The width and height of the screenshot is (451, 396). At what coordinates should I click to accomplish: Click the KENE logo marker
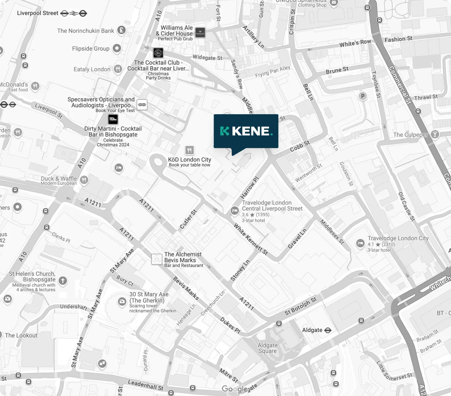click(246, 131)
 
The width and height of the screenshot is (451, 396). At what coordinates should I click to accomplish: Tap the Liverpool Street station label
click(38, 13)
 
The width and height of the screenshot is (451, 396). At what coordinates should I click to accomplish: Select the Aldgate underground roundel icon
click(328, 330)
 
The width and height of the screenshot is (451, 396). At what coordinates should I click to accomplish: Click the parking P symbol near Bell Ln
click(363, 96)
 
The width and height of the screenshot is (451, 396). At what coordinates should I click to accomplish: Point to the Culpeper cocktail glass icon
click(434, 134)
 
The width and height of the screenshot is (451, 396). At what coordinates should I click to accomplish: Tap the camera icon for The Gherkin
click(122, 302)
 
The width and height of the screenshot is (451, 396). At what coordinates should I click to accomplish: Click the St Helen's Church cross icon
click(63, 281)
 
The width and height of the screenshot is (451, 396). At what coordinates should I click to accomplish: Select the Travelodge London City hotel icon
click(360, 243)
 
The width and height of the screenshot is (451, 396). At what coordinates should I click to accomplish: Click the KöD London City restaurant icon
click(189, 150)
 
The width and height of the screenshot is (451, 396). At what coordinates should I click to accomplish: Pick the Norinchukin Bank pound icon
click(121, 31)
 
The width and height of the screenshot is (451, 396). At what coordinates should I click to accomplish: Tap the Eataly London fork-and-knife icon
click(118, 69)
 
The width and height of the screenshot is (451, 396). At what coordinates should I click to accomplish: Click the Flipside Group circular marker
click(117, 48)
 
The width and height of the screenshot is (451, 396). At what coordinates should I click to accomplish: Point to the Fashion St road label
click(398, 39)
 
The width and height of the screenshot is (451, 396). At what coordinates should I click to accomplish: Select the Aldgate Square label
click(267, 348)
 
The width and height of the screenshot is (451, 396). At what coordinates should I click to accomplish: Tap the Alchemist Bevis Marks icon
click(157, 259)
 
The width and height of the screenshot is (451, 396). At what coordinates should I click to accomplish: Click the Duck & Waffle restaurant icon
click(84, 180)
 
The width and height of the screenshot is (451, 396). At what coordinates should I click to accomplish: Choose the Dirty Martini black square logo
click(113, 119)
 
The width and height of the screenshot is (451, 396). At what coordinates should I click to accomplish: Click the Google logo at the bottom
click(235, 389)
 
